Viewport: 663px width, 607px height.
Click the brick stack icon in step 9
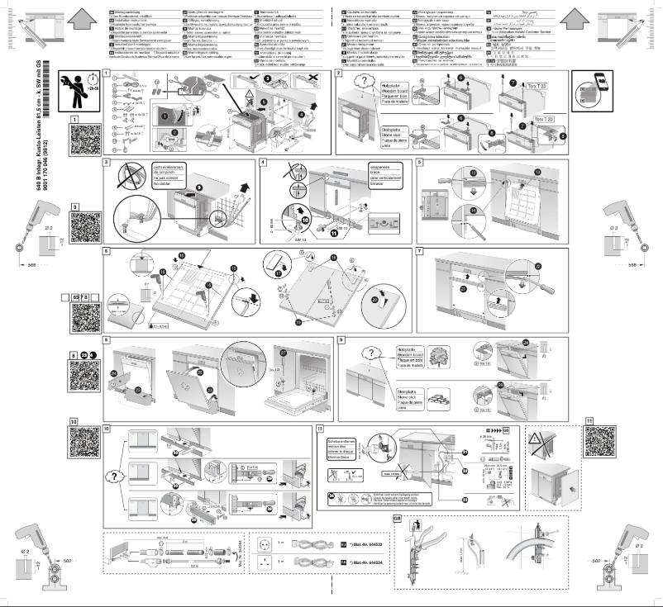pyautogui.click(x=436, y=389)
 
